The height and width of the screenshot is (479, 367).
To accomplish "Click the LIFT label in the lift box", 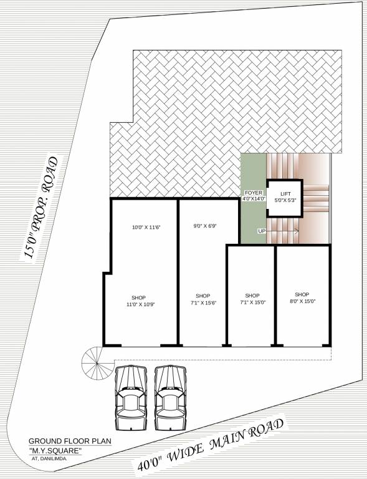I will pyautogui.click(x=285, y=194).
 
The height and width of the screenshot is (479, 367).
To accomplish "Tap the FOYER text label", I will pyautogui.click(x=253, y=193).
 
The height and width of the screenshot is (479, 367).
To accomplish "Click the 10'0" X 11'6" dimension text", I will pyautogui.click(x=146, y=228).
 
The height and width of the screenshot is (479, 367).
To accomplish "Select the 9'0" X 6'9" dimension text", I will pyautogui.click(x=204, y=226).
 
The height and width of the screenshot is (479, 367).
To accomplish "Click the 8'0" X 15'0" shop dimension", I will pyautogui.click(x=302, y=301).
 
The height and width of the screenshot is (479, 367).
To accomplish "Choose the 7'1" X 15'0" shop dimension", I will pyautogui.click(x=252, y=302).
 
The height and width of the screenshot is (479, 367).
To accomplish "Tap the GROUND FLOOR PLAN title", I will pyautogui.click(x=69, y=441).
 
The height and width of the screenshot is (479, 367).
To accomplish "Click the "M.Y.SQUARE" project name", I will pyautogui.click(x=55, y=450).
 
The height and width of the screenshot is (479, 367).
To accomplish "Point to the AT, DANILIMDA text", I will pyautogui.click(x=49, y=458).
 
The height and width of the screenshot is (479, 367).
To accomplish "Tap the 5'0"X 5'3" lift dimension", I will pyautogui.click(x=285, y=201).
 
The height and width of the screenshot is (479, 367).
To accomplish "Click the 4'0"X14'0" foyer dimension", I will pyautogui.click(x=253, y=199).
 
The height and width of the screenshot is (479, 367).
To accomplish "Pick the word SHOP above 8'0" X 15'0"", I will pyautogui.click(x=302, y=294).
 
